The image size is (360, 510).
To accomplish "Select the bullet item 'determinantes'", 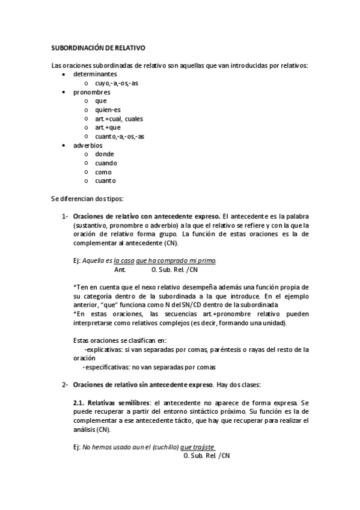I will coord(95,74).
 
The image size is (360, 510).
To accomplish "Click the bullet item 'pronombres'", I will coord(91,92).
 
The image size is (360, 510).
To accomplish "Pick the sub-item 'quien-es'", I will coord(108,109).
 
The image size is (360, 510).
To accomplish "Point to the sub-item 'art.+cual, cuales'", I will coord(119,118).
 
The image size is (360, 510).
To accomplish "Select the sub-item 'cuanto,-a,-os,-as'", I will coord(120,137).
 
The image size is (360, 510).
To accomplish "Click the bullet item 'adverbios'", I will coord(88,146).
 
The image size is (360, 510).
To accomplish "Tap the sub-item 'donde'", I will coord(105,154).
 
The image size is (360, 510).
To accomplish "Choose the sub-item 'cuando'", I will coord(106,163).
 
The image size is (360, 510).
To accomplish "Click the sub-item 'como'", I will coord(103,172).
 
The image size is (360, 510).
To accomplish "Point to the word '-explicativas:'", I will coord(103,349).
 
